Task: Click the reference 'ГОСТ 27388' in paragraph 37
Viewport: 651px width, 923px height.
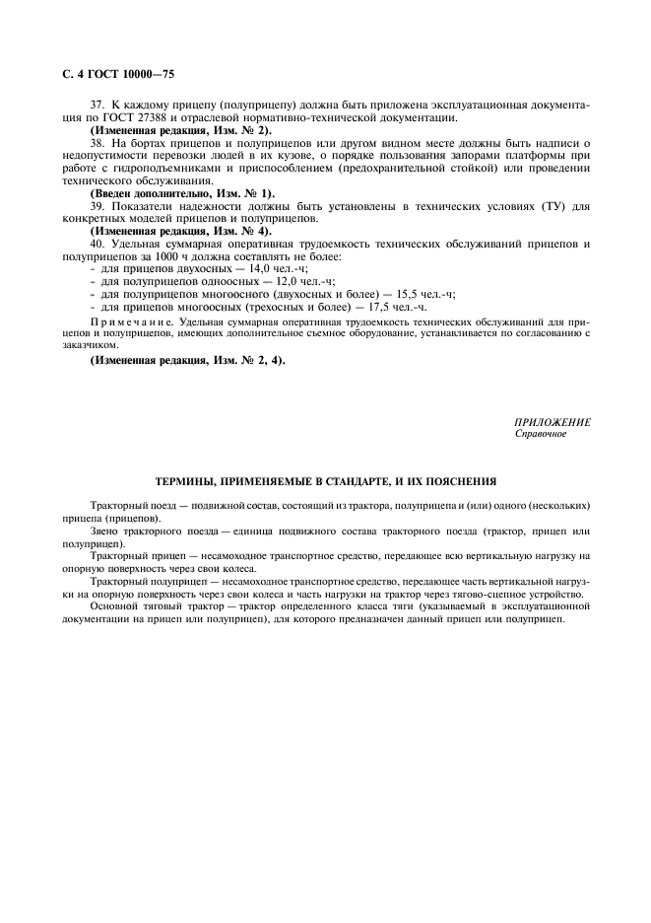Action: click(x=137, y=118)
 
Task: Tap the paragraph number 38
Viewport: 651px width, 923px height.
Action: click(x=97, y=144)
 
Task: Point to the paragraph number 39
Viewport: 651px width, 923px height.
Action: click(x=97, y=206)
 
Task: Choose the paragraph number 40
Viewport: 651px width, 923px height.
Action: click(x=97, y=244)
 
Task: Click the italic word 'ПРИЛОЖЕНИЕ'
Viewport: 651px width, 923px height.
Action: click(x=553, y=422)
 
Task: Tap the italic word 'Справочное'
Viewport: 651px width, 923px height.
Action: click(x=540, y=434)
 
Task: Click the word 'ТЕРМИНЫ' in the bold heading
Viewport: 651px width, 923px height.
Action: click(x=188, y=482)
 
